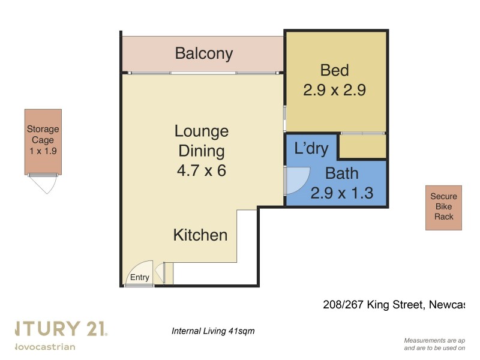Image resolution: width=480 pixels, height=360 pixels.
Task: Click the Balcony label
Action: pyautogui.click(x=203, y=53)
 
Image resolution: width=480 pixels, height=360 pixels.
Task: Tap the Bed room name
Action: pyautogui.click(x=334, y=70)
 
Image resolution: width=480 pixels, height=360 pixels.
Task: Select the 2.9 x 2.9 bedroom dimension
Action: pyautogui.click(x=334, y=90)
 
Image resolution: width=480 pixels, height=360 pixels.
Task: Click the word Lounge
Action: pyautogui.click(x=201, y=131)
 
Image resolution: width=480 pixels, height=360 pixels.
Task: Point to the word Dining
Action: pyautogui.click(x=201, y=151)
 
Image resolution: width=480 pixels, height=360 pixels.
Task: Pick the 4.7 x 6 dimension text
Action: pyautogui.click(x=201, y=170)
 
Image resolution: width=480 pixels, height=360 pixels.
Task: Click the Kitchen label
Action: pyautogui.click(x=200, y=235)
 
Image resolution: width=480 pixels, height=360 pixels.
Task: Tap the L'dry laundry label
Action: pyautogui.click(x=311, y=148)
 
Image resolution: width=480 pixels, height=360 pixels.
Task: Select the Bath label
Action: pyautogui.click(x=341, y=173)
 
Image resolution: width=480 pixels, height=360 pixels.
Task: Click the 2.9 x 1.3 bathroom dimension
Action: pyautogui.click(x=341, y=193)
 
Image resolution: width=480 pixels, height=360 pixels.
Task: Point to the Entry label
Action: pyautogui.click(x=139, y=277)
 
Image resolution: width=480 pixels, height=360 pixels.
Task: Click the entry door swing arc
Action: pyautogui.click(x=142, y=270)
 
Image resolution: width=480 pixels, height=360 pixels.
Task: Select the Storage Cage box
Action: pyautogui.click(x=43, y=142)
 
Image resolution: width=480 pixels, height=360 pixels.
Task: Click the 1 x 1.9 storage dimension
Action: pyautogui.click(x=43, y=151)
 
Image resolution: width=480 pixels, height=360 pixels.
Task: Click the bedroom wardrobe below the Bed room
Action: pyautogui.click(x=362, y=146)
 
